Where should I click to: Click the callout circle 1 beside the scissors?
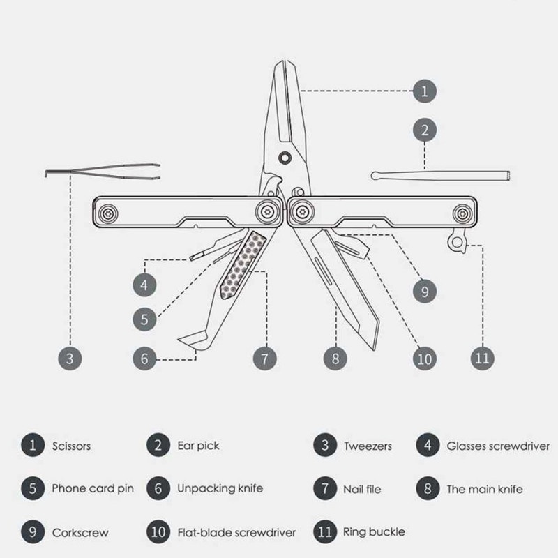tap(425, 91)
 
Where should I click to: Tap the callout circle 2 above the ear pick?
tap(425, 130)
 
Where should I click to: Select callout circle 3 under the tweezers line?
tap(69, 359)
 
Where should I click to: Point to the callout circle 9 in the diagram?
tap(425, 289)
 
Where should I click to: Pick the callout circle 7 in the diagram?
tap(264, 359)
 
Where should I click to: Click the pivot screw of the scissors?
tap(283, 156)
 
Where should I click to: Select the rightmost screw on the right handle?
tap(461, 212)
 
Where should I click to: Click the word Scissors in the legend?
tap(71, 445)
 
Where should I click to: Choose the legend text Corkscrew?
tap(80, 532)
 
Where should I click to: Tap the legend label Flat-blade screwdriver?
tap(236, 532)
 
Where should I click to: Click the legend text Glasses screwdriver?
tap(498, 445)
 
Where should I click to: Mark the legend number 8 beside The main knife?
tap(428, 488)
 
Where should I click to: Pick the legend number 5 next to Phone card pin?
tap(33, 488)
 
